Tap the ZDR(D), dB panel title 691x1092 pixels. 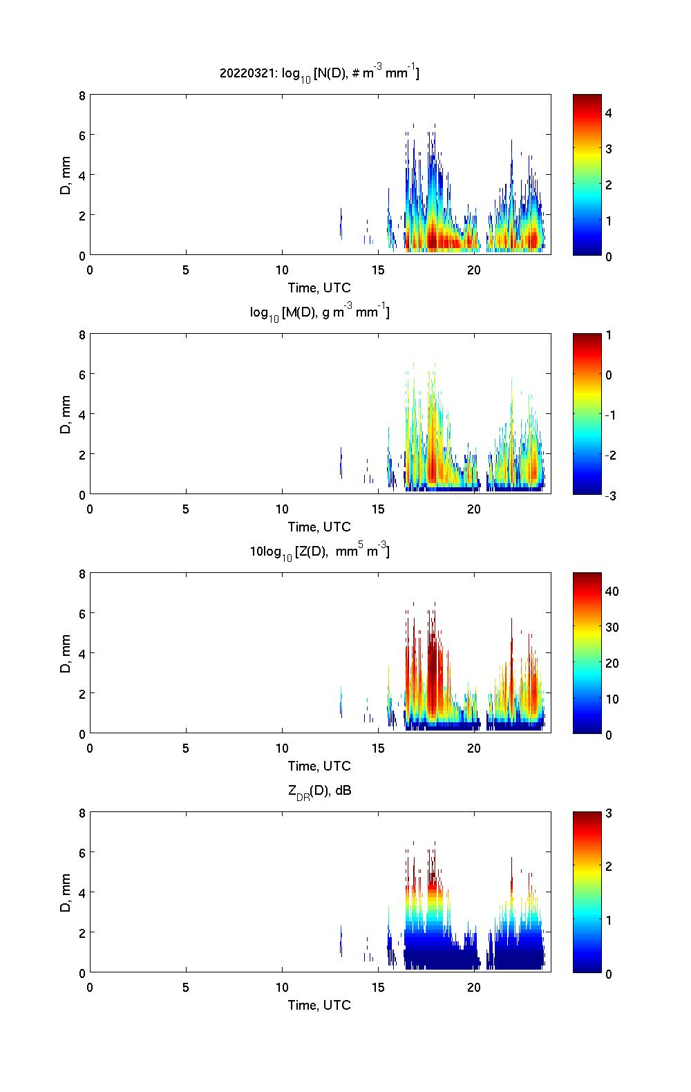pyautogui.click(x=319, y=791)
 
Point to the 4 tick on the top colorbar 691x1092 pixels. pyautogui.click(x=609, y=113)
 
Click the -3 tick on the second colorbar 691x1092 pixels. pyautogui.click(x=608, y=496)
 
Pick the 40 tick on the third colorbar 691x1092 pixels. pyautogui.click(x=612, y=591)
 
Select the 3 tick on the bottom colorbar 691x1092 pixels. pyautogui.click(x=609, y=813)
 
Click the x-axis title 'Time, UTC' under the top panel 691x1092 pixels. pyautogui.click(x=319, y=288)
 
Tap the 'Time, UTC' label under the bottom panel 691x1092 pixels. pyautogui.click(x=319, y=1005)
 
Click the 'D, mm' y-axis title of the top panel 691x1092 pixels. pyautogui.click(x=66, y=175)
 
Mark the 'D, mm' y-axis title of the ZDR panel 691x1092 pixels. pyautogui.click(x=66, y=892)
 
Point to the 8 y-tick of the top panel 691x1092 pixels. pyautogui.click(x=82, y=96)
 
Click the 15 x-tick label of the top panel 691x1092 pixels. pyautogui.click(x=378, y=270)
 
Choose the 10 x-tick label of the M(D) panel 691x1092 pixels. pyautogui.click(x=282, y=509)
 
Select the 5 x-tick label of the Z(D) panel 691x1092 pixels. pyautogui.click(x=186, y=748)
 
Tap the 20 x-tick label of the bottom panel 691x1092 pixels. pyautogui.click(x=474, y=987)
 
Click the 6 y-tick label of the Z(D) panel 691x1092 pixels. pyautogui.click(x=82, y=613)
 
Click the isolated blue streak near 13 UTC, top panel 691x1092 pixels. pyautogui.click(x=341, y=223)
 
